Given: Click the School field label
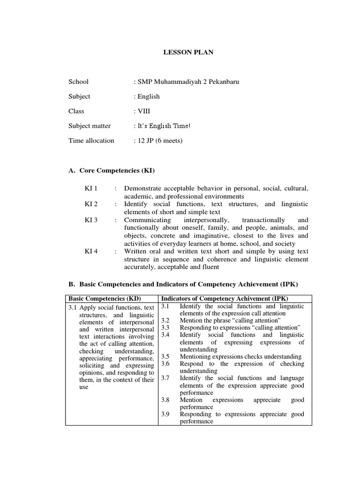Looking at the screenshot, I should [x=78, y=82].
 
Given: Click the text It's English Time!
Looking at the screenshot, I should [x=164, y=126].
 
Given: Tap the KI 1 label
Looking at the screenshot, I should [x=91, y=188].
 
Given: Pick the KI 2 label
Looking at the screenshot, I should [x=91, y=204].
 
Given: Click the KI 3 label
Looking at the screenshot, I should [x=91, y=220].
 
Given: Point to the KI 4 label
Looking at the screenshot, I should [x=91, y=251].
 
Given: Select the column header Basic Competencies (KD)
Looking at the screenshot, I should [x=105, y=299].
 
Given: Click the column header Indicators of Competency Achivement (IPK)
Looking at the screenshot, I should [x=225, y=299].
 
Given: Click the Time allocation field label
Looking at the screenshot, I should [x=91, y=141].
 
